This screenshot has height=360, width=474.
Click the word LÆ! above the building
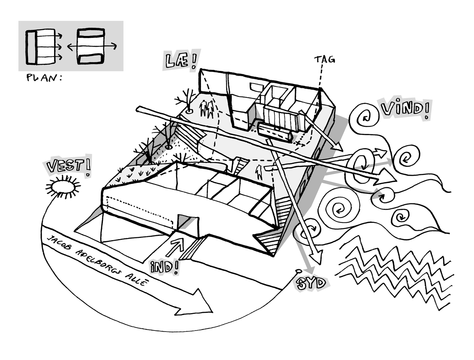tap(181, 60)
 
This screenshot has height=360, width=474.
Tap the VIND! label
tap(405, 109)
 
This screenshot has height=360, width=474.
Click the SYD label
tap(311, 283)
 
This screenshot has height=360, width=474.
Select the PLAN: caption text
tap(44, 78)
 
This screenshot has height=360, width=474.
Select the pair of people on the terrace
tap(206, 109)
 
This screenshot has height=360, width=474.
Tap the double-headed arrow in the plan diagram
tap(92, 46)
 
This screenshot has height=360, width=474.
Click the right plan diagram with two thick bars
tap(91, 46)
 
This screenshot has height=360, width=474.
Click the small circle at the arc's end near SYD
tap(298, 271)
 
